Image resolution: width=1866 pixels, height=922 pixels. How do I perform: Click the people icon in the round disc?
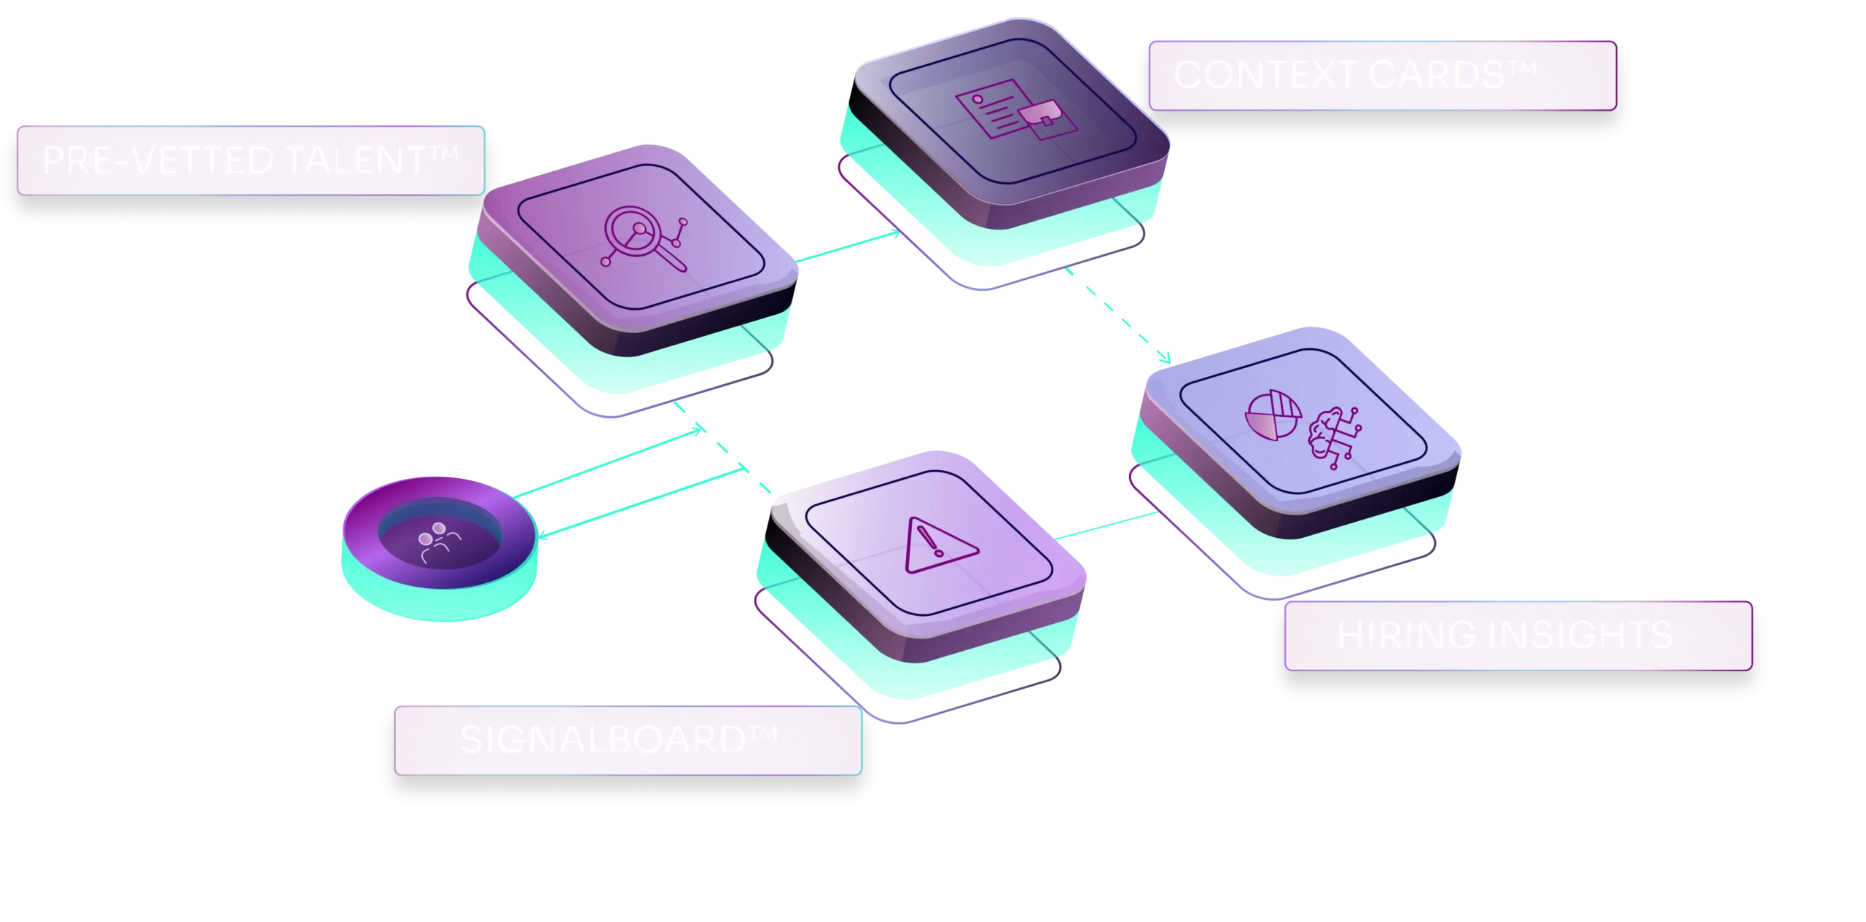(440, 542)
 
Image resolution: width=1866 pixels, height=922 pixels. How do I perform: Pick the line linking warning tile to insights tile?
(1108, 527)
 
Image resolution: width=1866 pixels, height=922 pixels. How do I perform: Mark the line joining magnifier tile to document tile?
(849, 248)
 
